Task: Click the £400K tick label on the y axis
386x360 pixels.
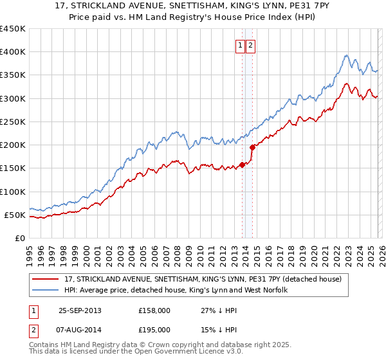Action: click(x=13, y=52)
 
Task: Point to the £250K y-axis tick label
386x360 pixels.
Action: click(x=13, y=122)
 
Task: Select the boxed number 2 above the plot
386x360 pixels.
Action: click(x=250, y=46)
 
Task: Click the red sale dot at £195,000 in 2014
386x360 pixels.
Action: click(x=252, y=147)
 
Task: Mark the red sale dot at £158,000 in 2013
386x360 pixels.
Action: click(x=243, y=165)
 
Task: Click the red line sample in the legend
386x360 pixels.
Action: click(x=46, y=279)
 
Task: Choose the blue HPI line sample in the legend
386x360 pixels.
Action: click(x=46, y=291)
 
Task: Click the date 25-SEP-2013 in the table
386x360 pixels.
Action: click(x=80, y=310)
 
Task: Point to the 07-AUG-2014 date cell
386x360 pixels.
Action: click(x=80, y=332)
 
